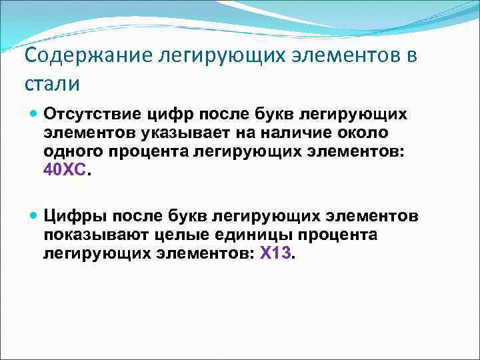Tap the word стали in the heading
tap(51, 85)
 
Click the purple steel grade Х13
tap(275, 255)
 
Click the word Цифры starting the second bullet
tap(73, 217)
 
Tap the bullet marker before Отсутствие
tap(35, 113)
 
